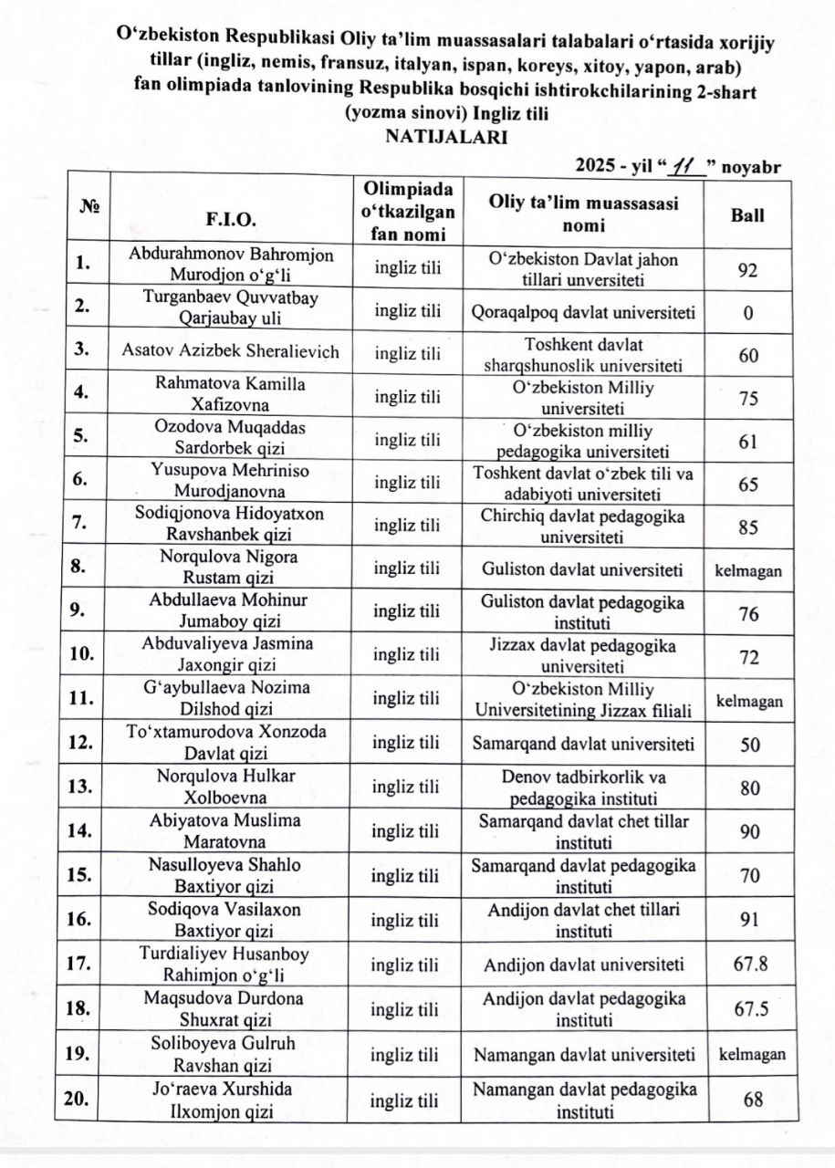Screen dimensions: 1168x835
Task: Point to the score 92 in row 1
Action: point(748,269)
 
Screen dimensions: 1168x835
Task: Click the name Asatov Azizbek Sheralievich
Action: point(231,352)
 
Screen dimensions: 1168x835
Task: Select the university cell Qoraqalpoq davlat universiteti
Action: point(584,312)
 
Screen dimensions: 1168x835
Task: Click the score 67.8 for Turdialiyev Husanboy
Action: point(748,965)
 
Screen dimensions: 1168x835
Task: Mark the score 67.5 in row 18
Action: point(748,1009)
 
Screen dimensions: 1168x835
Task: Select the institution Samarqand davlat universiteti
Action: point(584,744)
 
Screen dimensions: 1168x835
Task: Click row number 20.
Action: point(81,1099)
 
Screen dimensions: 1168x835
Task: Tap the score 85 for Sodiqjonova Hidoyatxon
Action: point(748,526)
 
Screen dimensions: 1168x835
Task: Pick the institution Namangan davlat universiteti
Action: point(584,1055)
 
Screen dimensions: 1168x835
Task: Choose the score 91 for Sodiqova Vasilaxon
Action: point(748,919)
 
